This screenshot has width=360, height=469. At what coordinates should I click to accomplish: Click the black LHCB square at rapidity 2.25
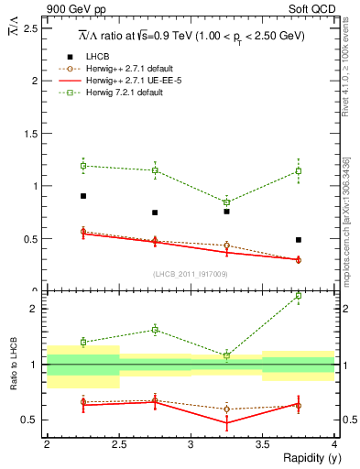pyautogui.click(x=82, y=196)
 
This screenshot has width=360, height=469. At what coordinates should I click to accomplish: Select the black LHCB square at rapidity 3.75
pyautogui.click(x=299, y=240)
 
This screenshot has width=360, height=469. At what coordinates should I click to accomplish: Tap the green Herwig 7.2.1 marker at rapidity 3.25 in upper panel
pyautogui.click(x=226, y=202)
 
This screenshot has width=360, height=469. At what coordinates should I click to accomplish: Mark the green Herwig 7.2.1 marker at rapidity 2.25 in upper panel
pyautogui.click(x=82, y=166)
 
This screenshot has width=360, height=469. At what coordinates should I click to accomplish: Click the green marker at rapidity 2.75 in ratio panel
pyautogui.click(x=155, y=330)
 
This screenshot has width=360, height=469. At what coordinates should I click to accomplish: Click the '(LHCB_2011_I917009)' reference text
pyautogui.click(x=191, y=274)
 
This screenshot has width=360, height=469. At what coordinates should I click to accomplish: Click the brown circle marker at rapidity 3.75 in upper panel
pyautogui.click(x=299, y=260)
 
